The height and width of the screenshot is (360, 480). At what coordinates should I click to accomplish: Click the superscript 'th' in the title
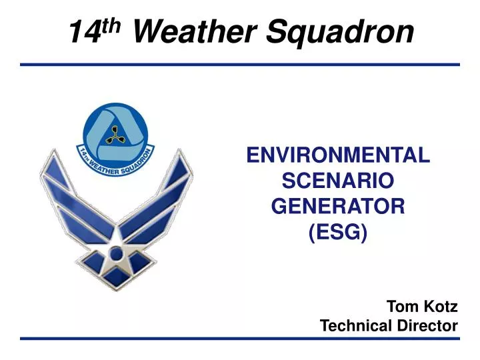pyautogui.click(x=114, y=25)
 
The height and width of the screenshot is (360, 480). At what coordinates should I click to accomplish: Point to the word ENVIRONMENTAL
pyautogui.click(x=338, y=155)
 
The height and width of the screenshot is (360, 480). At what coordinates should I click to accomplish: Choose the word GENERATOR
pyautogui.click(x=338, y=207)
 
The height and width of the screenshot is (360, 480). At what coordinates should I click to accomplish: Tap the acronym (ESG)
pyautogui.click(x=338, y=232)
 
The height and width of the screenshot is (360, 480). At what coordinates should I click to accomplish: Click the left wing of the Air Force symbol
pyautogui.click(x=67, y=200)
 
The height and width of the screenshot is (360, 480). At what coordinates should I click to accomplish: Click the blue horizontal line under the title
pyautogui.click(x=240, y=65)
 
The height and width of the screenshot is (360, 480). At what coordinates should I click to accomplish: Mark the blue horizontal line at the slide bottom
pyautogui.click(x=240, y=339)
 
